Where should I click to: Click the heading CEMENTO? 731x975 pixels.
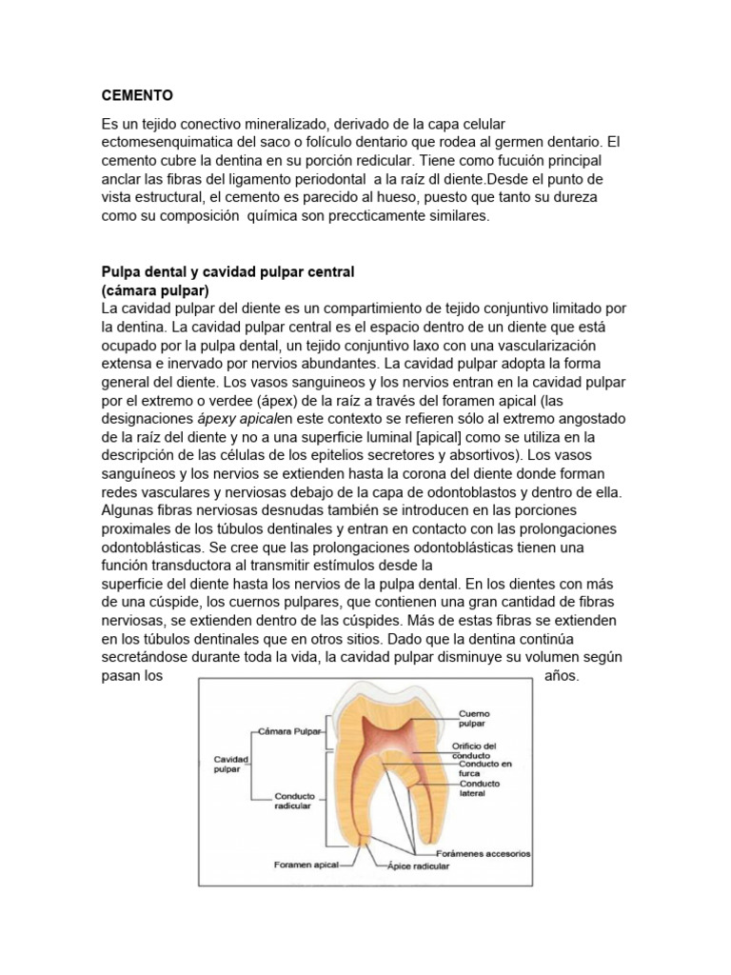tap(138, 96)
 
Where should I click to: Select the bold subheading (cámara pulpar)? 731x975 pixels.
tap(155, 289)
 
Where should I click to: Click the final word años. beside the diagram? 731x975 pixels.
tap(561, 676)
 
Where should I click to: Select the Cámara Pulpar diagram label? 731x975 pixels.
tap(290, 731)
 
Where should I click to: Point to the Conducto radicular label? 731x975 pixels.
tap(293, 802)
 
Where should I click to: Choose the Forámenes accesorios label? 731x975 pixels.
tap(491, 853)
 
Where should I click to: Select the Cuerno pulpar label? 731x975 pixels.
tap(473, 717)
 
